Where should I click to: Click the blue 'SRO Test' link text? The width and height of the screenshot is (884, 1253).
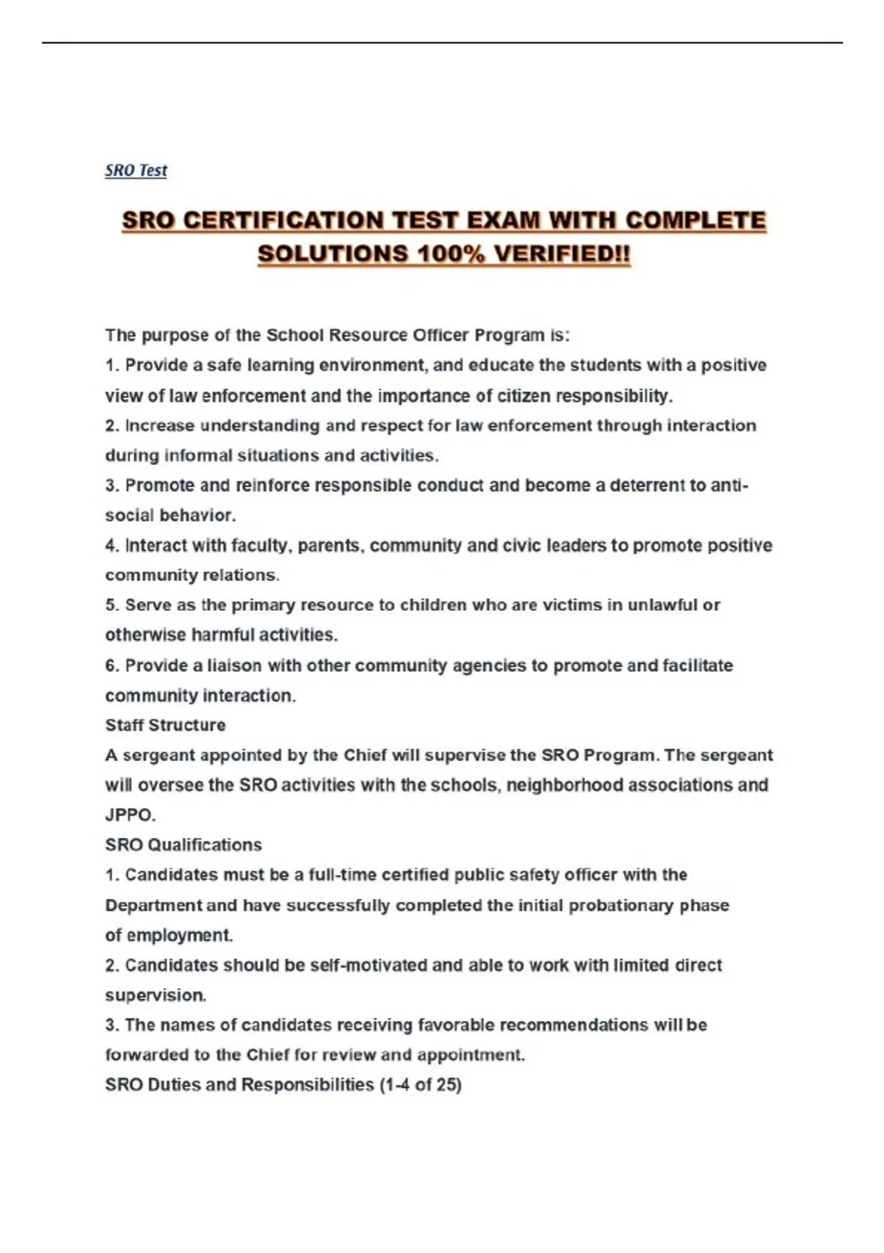coord(136,170)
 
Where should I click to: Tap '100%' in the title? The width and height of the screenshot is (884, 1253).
coord(451,254)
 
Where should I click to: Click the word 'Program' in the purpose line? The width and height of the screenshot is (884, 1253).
coord(508,335)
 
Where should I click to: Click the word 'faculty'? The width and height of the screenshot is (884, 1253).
coord(264,545)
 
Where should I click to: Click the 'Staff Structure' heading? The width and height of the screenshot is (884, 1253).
coord(165,725)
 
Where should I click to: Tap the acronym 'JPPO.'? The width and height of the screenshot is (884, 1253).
coord(130,815)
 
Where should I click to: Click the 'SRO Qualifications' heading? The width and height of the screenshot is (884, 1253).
coord(183,845)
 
